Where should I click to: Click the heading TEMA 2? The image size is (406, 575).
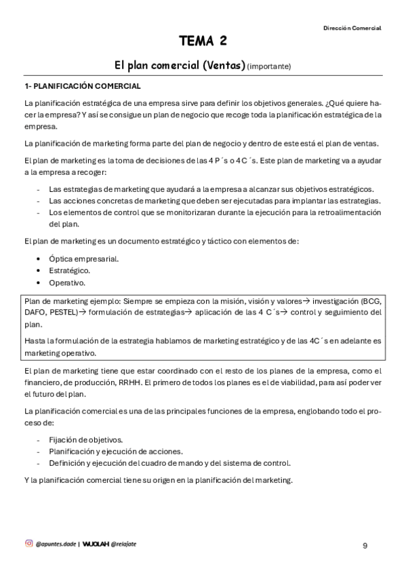point(203,42)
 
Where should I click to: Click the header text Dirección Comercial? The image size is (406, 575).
point(352,28)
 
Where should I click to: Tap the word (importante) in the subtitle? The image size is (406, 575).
point(269,66)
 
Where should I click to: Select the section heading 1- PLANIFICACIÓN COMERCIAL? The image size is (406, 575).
point(82,86)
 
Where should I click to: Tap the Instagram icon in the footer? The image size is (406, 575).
point(28,542)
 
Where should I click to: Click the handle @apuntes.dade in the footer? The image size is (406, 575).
point(56,543)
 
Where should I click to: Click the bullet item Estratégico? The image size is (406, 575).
point(69,271)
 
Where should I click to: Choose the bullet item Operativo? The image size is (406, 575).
point(66,282)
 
